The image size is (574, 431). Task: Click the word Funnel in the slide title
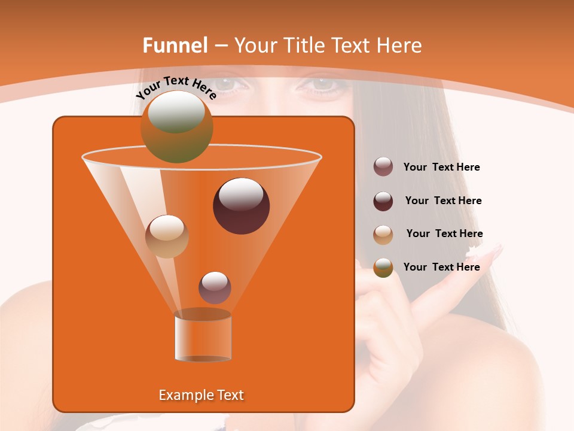175,45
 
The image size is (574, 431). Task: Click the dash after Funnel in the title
220,46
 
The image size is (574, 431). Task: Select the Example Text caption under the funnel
201,395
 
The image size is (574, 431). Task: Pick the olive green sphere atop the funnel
177,127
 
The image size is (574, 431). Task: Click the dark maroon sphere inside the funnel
242,206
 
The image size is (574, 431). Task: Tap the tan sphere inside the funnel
167,236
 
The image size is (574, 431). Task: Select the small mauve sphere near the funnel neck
215,288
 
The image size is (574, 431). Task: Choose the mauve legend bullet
383,167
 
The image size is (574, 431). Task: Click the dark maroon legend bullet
383,201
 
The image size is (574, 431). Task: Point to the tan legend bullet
383,235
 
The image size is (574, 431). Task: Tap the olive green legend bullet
383,268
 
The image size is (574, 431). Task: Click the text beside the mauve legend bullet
441,168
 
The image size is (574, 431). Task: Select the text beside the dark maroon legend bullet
443,201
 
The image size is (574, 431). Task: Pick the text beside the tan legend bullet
444,234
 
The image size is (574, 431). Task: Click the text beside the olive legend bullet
441,267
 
